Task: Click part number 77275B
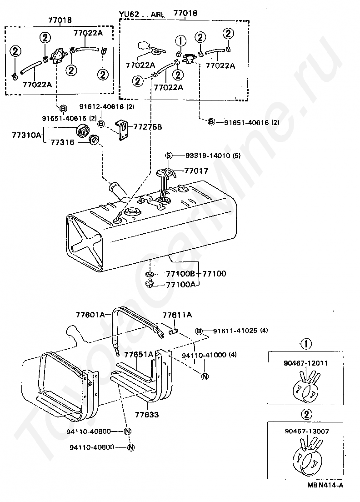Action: pos(147,127)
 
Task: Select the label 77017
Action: pos(196,171)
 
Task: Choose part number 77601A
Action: pos(90,314)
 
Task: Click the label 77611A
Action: pos(177,314)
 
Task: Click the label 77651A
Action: pos(139,354)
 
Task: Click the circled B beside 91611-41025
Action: pos(199,331)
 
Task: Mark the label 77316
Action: pos(61,142)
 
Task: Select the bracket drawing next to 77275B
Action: pos(122,131)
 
